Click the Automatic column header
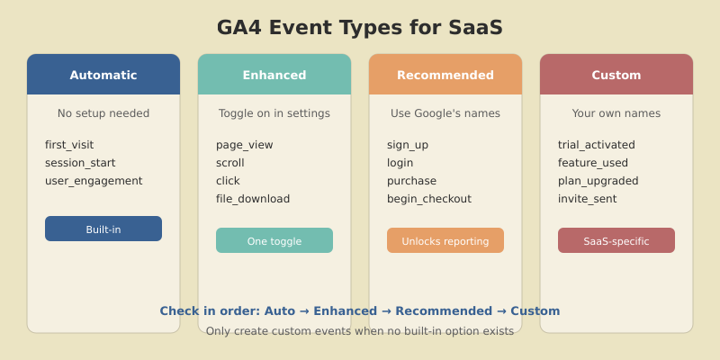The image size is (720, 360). coord(103,75)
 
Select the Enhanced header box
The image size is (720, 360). coord(274,75)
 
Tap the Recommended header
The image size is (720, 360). coord(445,75)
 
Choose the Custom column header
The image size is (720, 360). coord(616,75)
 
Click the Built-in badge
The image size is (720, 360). coord(103,229)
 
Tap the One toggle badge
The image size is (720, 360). coord(274,240)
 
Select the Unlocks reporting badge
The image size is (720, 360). coord(445,240)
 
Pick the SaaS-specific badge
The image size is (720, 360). coord(616,240)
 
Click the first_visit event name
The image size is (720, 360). coord(69,145)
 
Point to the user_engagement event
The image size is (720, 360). coord(94,181)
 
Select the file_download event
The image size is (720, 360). coord(253,199)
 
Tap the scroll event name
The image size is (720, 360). coord(230,163)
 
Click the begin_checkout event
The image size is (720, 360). coord(429,199)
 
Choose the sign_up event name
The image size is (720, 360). coord(408,145)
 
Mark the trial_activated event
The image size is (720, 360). coord(597,145)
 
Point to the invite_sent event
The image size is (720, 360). coord(588,199)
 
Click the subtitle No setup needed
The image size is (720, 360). coord(103,113)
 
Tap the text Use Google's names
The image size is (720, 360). coord(445,113)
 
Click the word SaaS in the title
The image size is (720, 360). coord(474,28)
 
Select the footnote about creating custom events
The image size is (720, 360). coord(360,331)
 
